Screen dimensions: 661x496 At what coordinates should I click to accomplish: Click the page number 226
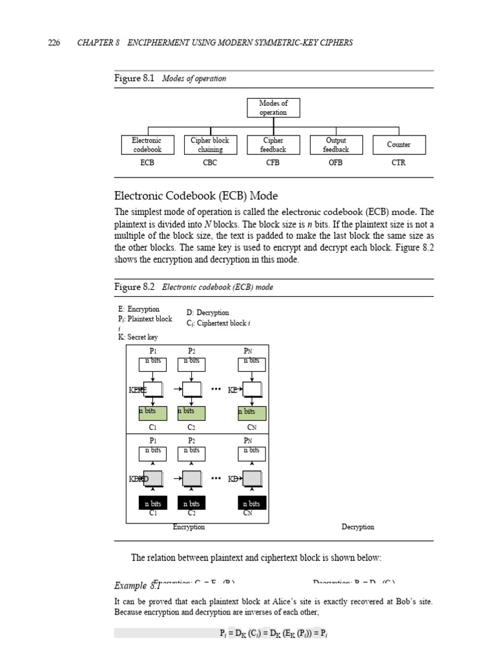click(x=54, y=43)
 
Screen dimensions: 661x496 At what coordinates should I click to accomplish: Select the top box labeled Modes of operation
click(x=273, y=108)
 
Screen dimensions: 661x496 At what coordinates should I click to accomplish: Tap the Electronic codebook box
click(x=147, y=145)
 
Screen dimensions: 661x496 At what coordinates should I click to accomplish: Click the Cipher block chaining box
click(x=210, y=145)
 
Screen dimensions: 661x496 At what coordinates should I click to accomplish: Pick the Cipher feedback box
click(x=273, y=145)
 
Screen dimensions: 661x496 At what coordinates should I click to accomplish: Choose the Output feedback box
click(x=336, y=145)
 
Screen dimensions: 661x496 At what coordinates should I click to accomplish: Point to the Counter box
click(x=398, y=145)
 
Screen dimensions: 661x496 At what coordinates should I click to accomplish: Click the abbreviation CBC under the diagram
click(x=210, y=163)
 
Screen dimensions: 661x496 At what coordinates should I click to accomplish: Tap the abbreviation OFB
click(x=336, y=163)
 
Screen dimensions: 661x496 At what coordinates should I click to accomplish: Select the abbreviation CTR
click(x=398, y=163)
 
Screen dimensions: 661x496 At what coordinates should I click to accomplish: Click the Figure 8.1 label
click(x=134, y=79)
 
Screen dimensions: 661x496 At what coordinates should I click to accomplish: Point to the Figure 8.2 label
click(x=134, y=287)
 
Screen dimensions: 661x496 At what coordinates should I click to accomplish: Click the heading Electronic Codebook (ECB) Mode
click(x=196, y=196)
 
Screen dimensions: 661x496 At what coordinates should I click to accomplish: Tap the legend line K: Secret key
click(x=138, y=337)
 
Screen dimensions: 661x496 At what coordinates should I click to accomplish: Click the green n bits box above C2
click(x=191, y=412)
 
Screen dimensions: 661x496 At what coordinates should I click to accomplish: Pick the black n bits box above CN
click(x=251, y=503)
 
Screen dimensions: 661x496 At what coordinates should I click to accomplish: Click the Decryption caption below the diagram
click(x=358, y=527)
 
